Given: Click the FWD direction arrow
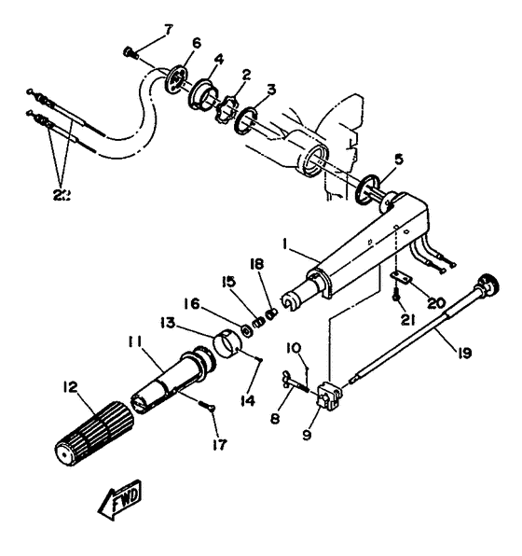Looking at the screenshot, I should (x=118, y=505).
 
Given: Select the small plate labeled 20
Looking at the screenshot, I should (x=402, y=278).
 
